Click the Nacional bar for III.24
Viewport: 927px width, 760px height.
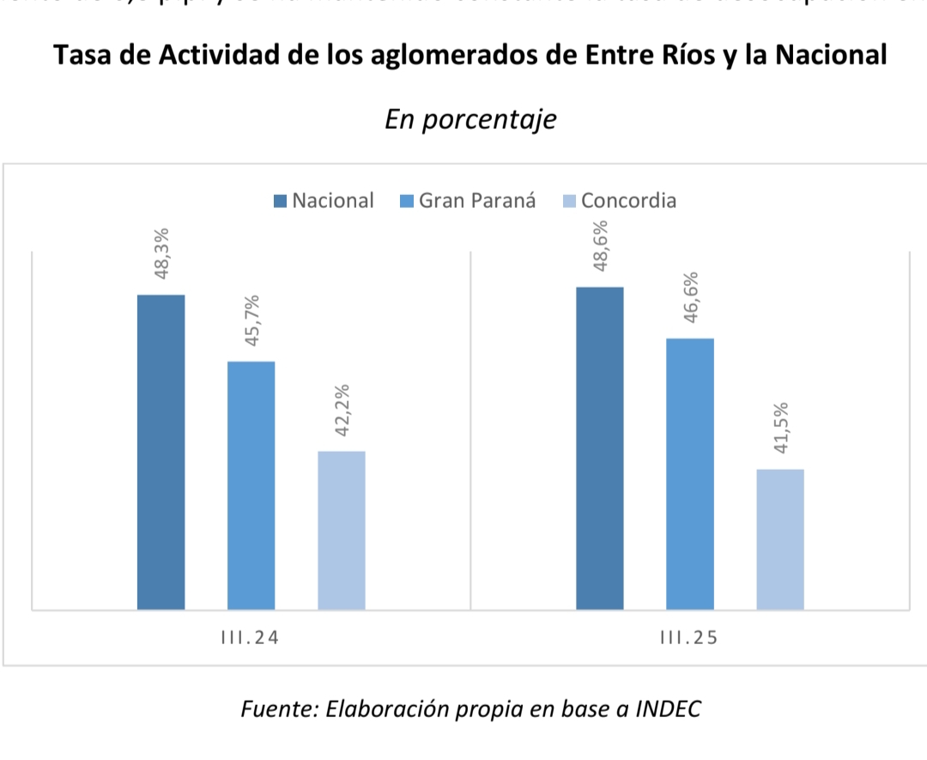pyautogui.click(x=161, y=452)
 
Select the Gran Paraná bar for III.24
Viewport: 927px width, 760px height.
pyautogui.click(x=251, y=485)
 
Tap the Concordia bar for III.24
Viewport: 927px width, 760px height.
pyautogui.click(x=342, y=530)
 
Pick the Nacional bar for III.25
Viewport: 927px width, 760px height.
pyautogui.click(x=600, y=448)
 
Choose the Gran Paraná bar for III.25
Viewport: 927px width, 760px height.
pyautogui.click(x=690, y=474)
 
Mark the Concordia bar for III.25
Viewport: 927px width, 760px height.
pyautogui.click(x=780, y=539)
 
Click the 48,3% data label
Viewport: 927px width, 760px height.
pyautogui.click(x=161, y=254)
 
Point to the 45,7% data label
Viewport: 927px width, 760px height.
pyautogui.click(x=252, y=320)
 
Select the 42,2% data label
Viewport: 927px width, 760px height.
pyautogui.click(x=342, y=410)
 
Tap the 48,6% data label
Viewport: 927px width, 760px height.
pyautogui.click(x=600, y=246)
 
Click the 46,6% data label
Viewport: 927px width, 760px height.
pyautogui.click(x=691, y=297)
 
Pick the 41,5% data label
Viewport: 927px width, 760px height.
pyautogui.click(x=781, y=429)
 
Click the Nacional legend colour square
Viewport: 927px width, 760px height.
pyautogui.click(x=281, y=201)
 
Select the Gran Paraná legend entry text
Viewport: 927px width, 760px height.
pyautogui.click(x=477, y=201)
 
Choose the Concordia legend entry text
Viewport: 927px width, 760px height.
pyautogui.click(x=628, y=201)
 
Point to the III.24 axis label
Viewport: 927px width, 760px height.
pyautogui.click(x=251, y=638)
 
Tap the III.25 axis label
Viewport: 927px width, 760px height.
pyautogui.click(x=690, y=638)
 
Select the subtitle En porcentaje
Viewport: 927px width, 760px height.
pyautogui.click(x=470, y=119)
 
